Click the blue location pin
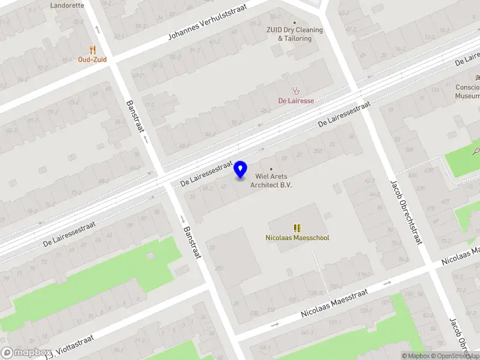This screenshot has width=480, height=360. pyautogui.click(x=241, y=170)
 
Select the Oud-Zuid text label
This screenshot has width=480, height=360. pyautogui.click(x=92, y=59)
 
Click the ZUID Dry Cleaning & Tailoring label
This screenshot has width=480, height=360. pyautogui.click(x=295, y=34)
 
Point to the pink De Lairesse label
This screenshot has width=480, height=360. pyautogui.click(x=296, y=101)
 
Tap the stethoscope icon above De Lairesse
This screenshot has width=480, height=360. pyautogui.click(x=295, y=91)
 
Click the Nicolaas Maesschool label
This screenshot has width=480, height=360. pyautogui.click(x=297, y=238)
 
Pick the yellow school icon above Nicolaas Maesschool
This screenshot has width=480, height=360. pyautogui.click(x=297, y=227)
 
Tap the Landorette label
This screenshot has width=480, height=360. pyautogui.click(x=67, y=4)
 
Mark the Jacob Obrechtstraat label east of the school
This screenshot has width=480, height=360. pyautogui.click(x=407, y=212)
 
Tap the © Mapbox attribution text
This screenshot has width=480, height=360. pyautogui.click(x=416, y=356)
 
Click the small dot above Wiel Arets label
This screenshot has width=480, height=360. pyautogui.click(x=271, y=169)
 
